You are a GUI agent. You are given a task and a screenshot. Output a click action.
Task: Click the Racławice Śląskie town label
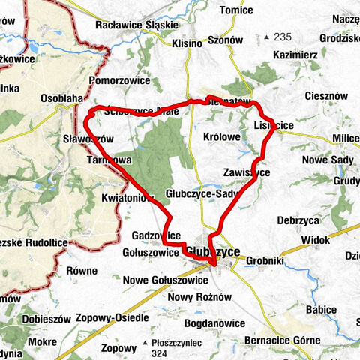(x=136, y=25)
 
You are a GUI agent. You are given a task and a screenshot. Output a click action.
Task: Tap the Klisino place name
(x=187, y=43)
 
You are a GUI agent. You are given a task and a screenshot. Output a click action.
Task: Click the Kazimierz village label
(x=296, y=56)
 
